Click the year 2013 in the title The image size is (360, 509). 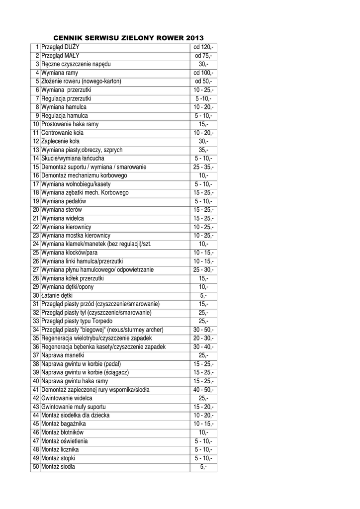coord(195,38)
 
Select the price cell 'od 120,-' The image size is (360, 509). coord(203,47)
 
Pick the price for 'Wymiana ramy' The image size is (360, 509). coord(203,73)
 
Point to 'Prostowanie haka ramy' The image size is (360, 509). coord(70,124)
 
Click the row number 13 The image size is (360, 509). coord(36,150)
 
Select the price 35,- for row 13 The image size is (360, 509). coord(203,150)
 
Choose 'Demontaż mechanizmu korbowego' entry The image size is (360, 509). coord(84,175)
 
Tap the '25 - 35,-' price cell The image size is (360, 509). coord(203,167)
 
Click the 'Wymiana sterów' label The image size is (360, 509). coord(62,210)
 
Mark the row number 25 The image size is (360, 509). coord(36,253)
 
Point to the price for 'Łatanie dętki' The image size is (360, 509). coord(203,295)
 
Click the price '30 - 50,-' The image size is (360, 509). coord(203,330)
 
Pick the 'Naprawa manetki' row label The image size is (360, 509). coord(63,355)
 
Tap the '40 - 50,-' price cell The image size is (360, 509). coord(203,390)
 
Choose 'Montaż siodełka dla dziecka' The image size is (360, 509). coord(76,415)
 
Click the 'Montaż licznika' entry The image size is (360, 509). coord(60,449)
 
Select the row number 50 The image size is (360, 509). coord(36,467)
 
